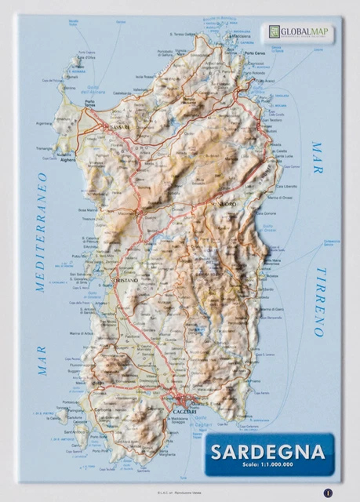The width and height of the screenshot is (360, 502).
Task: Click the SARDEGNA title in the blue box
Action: pos(267,452)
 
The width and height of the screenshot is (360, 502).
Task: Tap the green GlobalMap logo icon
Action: pos(274,31)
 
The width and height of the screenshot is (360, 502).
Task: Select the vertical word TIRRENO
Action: pos(319,301)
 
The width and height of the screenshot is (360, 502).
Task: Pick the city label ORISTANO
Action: pos(125,280)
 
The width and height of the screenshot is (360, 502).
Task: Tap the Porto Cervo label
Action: pos(254,53)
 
